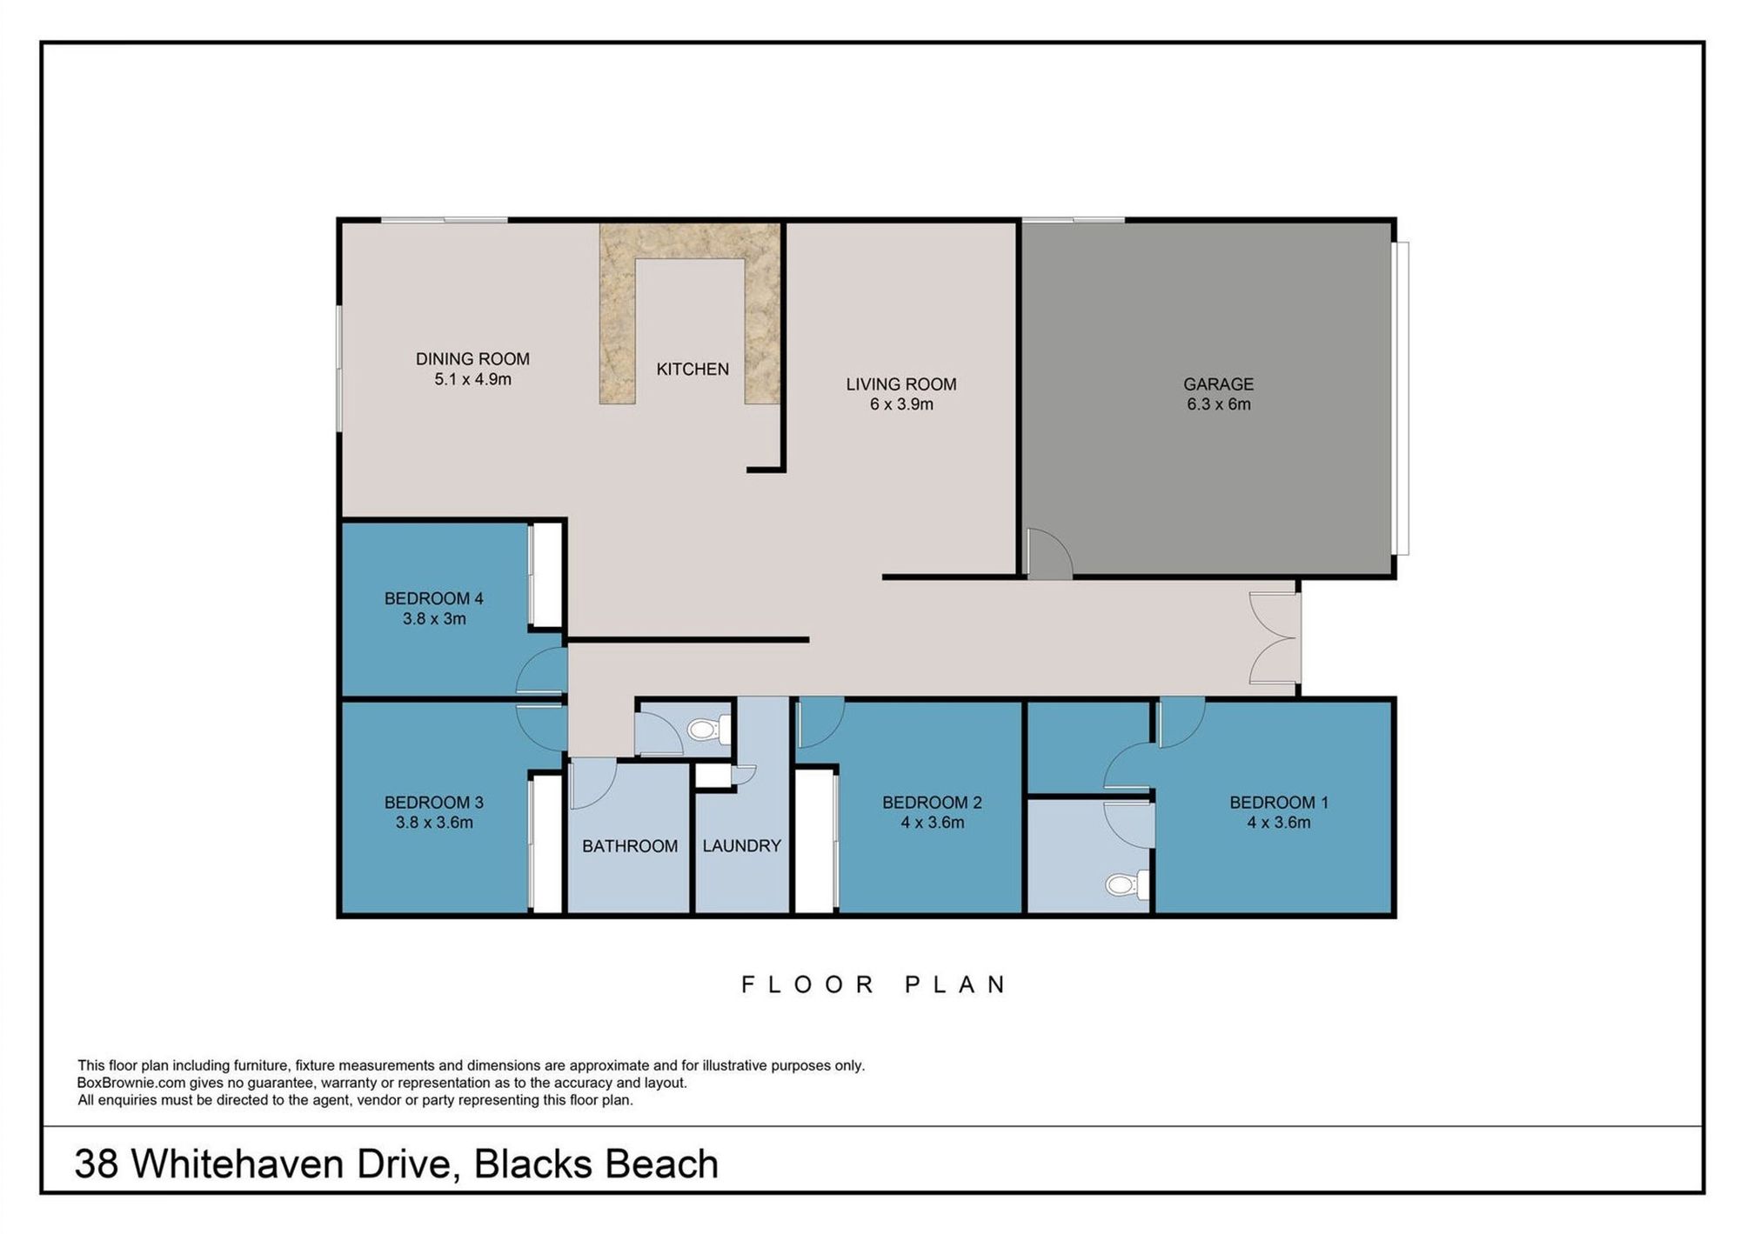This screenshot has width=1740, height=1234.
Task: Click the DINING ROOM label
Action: [x=472, y=358]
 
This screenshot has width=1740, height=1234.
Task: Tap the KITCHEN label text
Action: [x=693, y=369]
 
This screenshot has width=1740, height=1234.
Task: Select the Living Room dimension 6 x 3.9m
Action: [x=901, y=404]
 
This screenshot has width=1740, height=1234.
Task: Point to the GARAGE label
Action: [x=1218, y=384]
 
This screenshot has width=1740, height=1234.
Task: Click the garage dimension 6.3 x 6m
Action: [x=1218, y=404]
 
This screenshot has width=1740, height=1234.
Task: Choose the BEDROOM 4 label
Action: [x=433, y=598]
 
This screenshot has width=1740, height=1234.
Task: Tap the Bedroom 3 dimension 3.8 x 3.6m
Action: [x=434, y=823]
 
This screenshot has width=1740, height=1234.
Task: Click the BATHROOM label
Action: [x=630, y=845]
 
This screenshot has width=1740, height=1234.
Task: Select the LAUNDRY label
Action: [x=741, y=845]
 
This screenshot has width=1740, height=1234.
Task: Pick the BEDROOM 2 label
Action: [x=932, y=802]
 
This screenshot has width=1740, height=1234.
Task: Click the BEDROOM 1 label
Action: [x=1279, y=802]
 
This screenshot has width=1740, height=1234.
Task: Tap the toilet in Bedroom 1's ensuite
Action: [x=1128, y=885]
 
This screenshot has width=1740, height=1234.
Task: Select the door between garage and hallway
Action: [x=1049, y=554]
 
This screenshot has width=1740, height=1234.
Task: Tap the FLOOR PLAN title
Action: [x=873, y=984]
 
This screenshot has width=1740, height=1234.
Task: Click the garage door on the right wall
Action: [x=1400, y=398]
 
